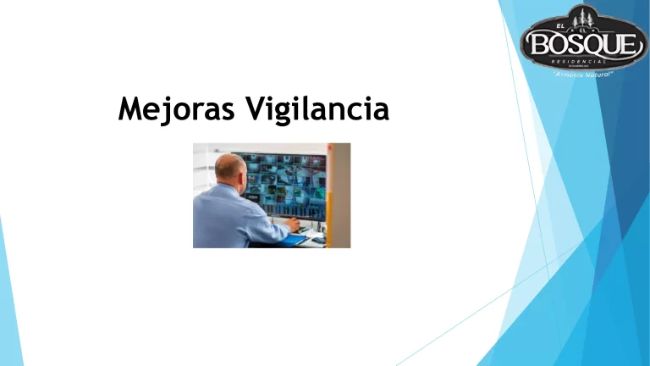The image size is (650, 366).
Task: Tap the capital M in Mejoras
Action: coord(132,108)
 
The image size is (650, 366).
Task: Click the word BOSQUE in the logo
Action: coord(582,42)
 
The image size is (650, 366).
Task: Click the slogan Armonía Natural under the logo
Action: coord(582,75)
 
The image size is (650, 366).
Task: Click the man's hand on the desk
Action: coord(295,225)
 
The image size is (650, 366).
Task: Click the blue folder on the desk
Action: coord(292,240)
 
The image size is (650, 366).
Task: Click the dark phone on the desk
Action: coord(317,240)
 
